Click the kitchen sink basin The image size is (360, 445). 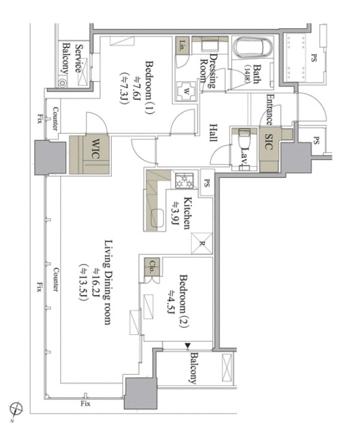pos(156,218)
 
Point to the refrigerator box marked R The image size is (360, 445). pos(202,243)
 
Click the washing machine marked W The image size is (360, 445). pos(186,91)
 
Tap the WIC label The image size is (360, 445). pos(96,149)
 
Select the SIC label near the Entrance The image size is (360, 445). pos(268,141)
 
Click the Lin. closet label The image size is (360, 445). pos(183,45)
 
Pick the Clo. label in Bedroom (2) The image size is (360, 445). pos(152,266)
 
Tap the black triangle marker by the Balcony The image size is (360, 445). pos(188,345)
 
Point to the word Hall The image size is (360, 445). pos(213,132)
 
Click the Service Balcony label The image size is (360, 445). pos(72,59)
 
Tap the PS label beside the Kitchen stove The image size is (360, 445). pos(207,183)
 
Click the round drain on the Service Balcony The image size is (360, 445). pos(63,83)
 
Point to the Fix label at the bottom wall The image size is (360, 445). pos(85,404)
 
